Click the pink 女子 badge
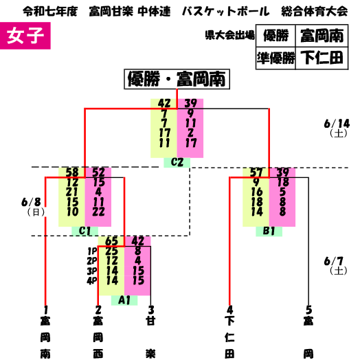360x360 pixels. [x=25, y=36]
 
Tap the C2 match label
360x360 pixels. [x=177, y=162]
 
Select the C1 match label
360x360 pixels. [x=85, y=231]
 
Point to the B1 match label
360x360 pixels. [x=269, y=232]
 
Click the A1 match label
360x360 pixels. [x=124, y=300]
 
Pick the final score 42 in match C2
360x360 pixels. [x=164, y=103]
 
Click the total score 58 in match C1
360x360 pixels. [x=72, y=172]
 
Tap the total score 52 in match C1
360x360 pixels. [x=98, y=172]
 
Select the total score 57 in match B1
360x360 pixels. [x=256, y=172]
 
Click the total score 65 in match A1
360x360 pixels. [x=111, y=241]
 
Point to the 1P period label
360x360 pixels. [x=92, y=251]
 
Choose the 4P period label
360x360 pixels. [x=92, y=281]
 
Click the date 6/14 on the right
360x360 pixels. [x=337, y=124]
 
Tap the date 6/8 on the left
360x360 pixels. [x=31, y=202]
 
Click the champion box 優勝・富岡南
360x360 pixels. [x=177, y=79]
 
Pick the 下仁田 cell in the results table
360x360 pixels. [x=322, y=58]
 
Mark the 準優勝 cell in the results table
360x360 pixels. [x=275, y=58]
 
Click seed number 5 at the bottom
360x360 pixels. [x=308, y=310]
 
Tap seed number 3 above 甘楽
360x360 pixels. [x=151, y=310]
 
